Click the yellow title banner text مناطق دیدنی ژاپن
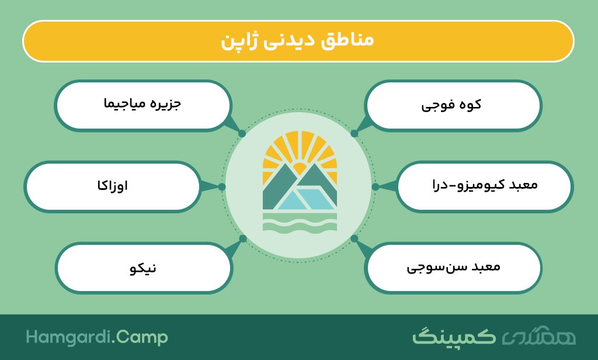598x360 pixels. pyautogui.click(x=297, y=41)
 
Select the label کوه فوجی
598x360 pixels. pyautogui.click(x=451, y=105)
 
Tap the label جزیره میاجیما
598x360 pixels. pyautogui.click(x=142, y=104)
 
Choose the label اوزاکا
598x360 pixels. pyautogui.click(x=113, y=186)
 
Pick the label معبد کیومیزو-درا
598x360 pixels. pyautogui.click(x=485, y=185)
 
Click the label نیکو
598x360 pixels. pyautogui.click(x=143, y=268)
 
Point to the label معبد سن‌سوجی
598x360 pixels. pyautogui.click(x=453, y=267)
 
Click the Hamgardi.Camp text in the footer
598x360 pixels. pyautogui.click(x=97, y=337)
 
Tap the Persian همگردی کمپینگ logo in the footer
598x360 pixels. pyautogui.click(x=494, y=336)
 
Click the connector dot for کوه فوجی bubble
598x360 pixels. pyautogui.click(x=354, y=134)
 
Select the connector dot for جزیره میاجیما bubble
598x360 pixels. pyautogui.click(x=242, y=134)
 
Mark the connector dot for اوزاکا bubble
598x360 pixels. pyautogui.click(x=222, y=186)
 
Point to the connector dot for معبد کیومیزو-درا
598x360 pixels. pyautogui.click(x=376, y=186)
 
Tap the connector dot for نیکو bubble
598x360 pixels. pyautogui.click(x=242, y=238)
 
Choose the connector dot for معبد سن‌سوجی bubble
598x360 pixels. pyautogui.click(x=354, y=238)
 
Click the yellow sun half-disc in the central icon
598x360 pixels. pyautogui.click(x=300, y=167)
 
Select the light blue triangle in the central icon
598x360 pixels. pyautogui.click(x=293, y=201)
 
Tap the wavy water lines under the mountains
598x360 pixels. pyautogui.click(x=300, y=223)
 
